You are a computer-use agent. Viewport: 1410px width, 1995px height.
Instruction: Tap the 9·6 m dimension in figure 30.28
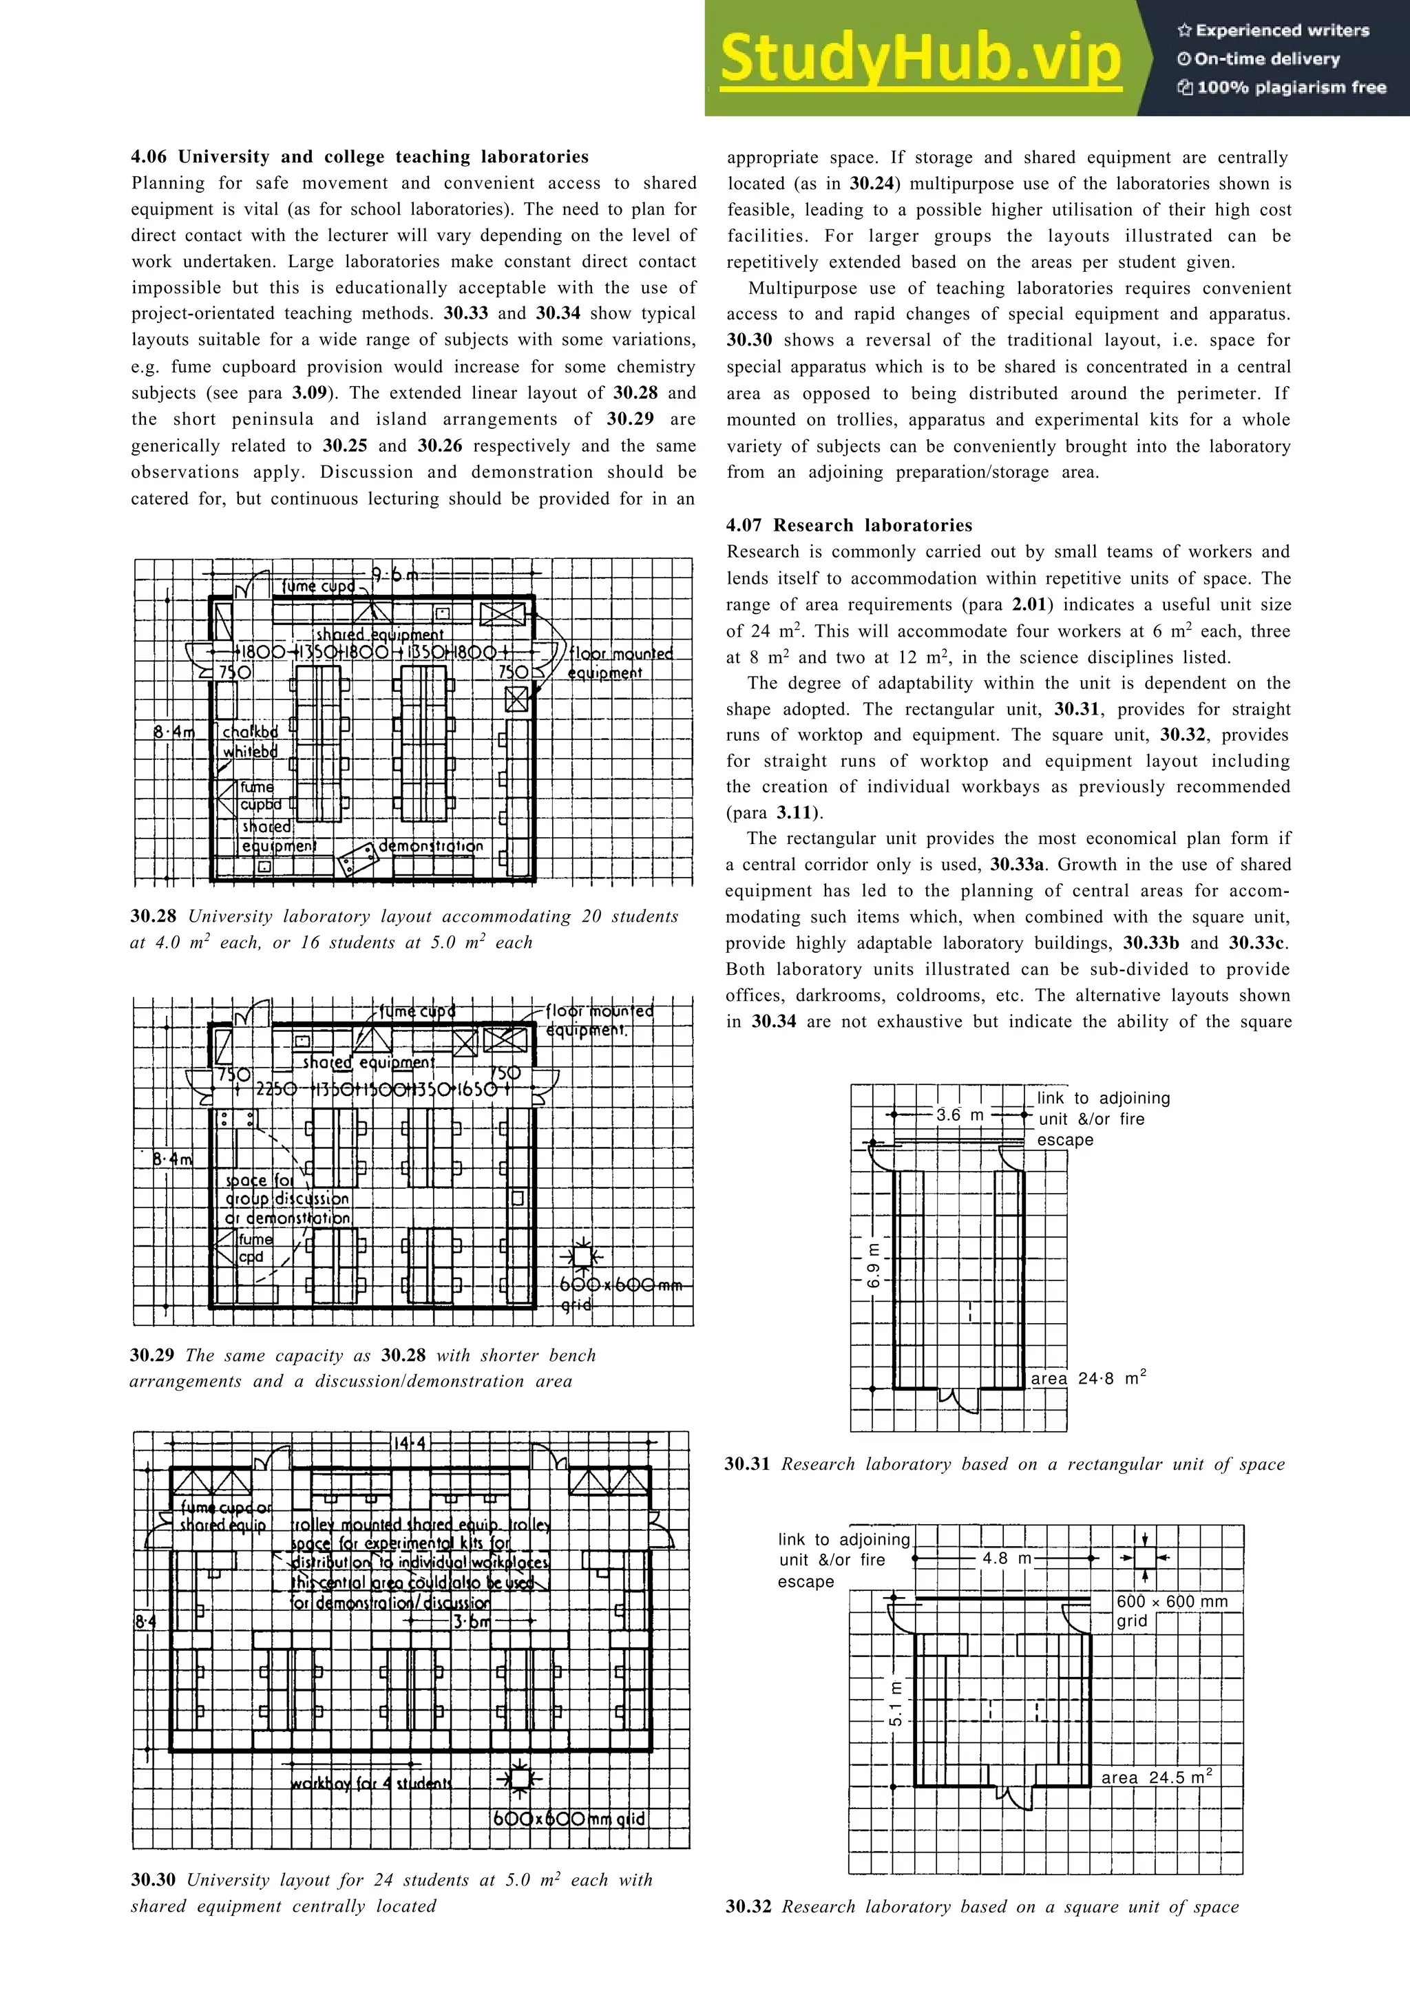click(x=394, y=574)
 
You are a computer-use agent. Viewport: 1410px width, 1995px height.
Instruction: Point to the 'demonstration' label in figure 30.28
click(x=431, y=845)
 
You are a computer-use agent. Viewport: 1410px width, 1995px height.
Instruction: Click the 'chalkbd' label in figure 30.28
click(x=250, y=732)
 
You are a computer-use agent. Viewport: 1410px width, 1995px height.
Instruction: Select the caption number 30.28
click(x=153, y=917)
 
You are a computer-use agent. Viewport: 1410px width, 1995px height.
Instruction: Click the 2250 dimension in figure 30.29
click(x=276, y=1090)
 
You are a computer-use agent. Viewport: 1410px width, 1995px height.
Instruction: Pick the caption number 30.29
click(x=152, y=1355)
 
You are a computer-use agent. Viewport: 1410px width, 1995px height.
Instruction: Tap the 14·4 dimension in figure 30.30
click(x=409, y=1444)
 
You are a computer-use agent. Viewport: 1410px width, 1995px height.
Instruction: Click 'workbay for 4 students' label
click(x=371, y=1784)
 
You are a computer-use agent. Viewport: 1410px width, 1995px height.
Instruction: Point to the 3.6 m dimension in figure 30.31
click(x=959, y=1115)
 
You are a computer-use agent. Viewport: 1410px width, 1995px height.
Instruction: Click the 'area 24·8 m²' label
click(x=1088, y=1379)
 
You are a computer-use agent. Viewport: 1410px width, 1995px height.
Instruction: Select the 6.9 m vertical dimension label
click(x=874, y=1269)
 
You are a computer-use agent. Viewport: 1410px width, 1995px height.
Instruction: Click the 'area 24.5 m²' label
click(x=1155, y=1777)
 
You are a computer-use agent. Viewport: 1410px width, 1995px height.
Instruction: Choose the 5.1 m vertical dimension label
click(x=896, y=1704)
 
